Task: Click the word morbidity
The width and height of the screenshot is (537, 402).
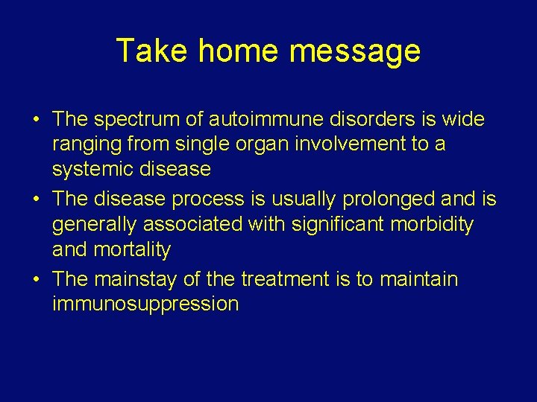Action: pyautogui.click(x=436, y=224)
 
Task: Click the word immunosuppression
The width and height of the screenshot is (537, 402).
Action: pyautogui.click(x=145, y=304)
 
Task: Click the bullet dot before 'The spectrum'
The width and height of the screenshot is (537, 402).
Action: pyautogui.click(x=36, y=120)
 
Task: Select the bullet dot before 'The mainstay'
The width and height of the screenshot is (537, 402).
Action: pyautogui.click(x=36, y=280)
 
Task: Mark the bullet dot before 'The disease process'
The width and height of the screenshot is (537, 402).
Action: pyautogui.click(x=36, y=200)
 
